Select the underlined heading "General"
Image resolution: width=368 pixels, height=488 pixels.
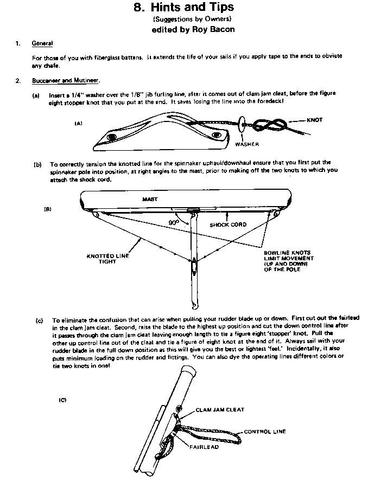click(42, 42)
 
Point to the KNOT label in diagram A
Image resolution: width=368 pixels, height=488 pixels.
click(314, 120)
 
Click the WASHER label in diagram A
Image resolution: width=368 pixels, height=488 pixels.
click(247, 144)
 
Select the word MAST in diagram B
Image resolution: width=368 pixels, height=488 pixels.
click(150, 199)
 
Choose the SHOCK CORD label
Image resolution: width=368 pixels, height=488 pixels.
click(228, 224)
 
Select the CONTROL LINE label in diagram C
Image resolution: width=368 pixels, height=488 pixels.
click(265, 432)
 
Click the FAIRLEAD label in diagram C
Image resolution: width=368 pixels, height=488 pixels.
click(205, 447)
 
